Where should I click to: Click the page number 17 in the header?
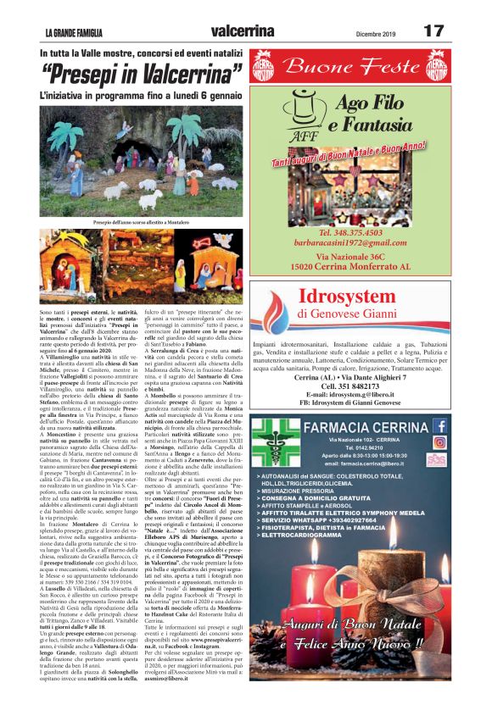click(x=433, y=31)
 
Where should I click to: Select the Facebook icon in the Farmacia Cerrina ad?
click(x=439, y=425)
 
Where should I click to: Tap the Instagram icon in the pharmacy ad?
click(x=439, y=441)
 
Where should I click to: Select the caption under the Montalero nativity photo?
click(x=142, y=222)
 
